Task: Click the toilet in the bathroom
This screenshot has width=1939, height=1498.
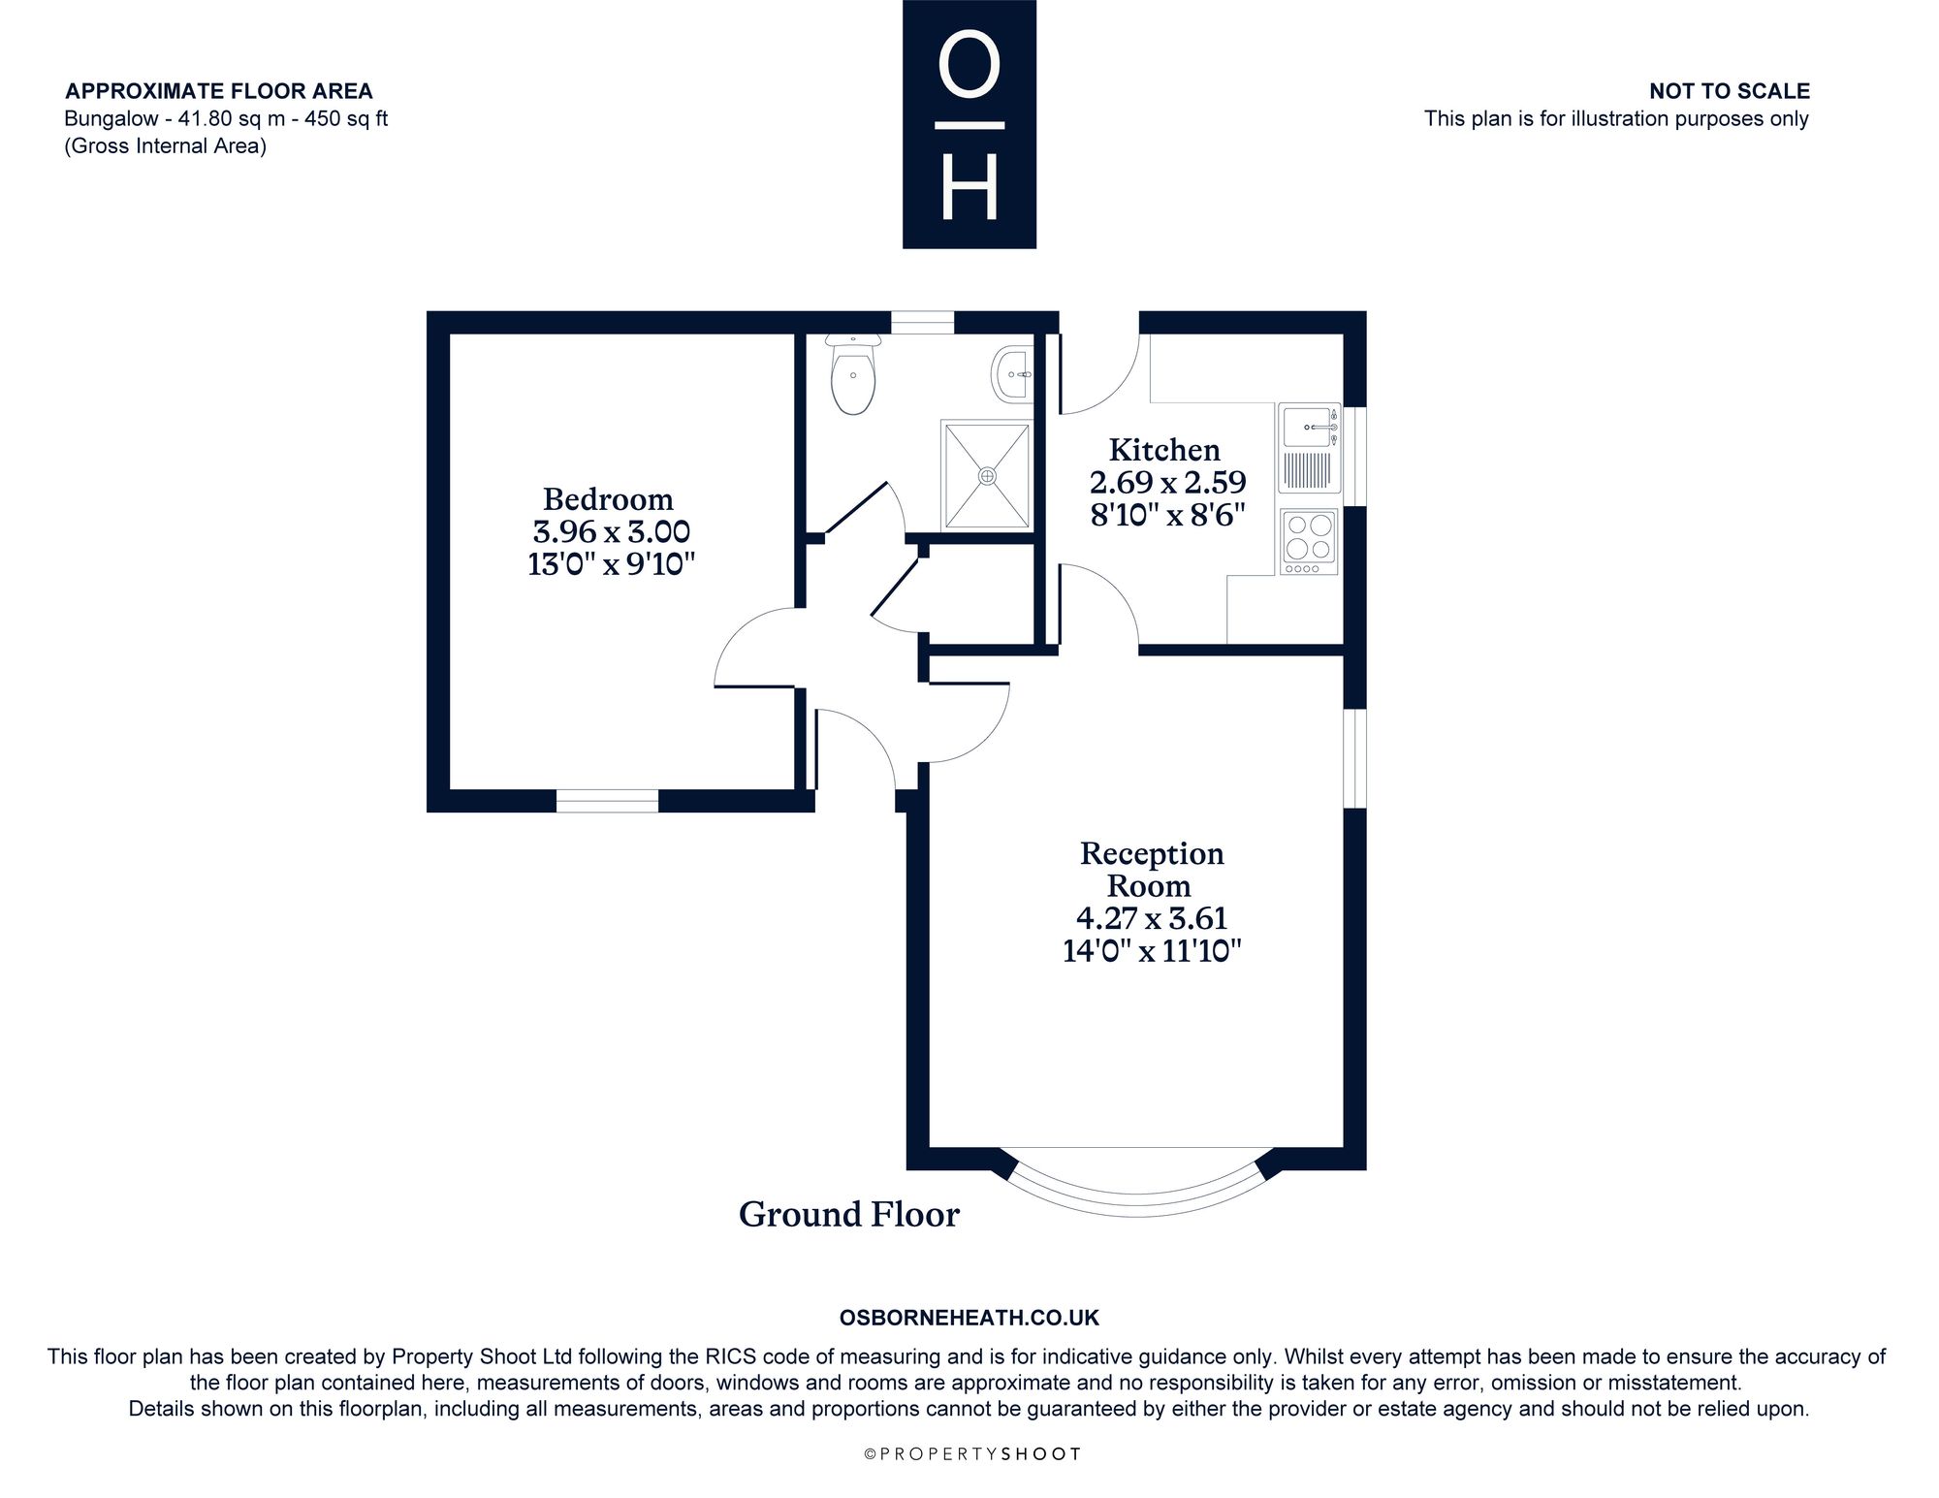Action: point(853,374)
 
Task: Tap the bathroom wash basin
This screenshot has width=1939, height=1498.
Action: point(1012,372)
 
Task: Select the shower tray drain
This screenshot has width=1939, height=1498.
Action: point(987,475)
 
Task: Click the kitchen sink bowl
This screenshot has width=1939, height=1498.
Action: point(1305,427)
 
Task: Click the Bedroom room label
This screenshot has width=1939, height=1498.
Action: point(608,499)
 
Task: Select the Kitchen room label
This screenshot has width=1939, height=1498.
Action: point(1164,450)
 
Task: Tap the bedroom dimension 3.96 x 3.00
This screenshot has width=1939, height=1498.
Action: point(611,531)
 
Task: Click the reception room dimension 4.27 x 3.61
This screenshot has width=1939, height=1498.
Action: point(1152,917)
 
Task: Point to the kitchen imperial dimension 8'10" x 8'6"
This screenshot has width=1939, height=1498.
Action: point(1167,514)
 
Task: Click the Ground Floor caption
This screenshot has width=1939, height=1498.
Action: point(849,1214)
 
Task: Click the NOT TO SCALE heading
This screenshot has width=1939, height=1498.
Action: point(1730,91)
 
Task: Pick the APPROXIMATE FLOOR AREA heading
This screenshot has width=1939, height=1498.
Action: point(219,91)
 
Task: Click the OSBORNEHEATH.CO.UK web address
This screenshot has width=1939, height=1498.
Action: point(969,1318)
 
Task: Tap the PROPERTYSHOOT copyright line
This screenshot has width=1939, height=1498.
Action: point(971,1454)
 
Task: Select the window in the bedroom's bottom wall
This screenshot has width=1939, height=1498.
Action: point(607,801)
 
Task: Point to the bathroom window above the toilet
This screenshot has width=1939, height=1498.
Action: point(923,322)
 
